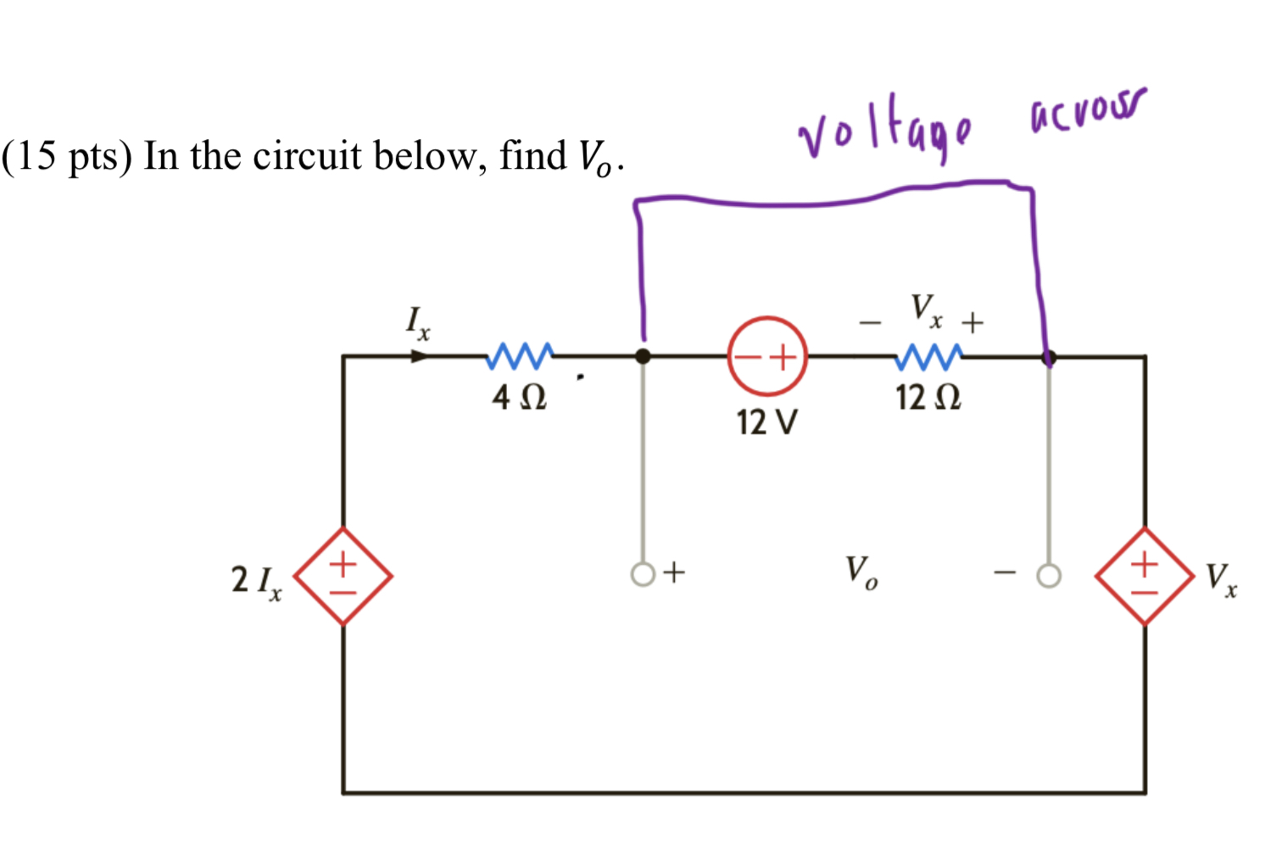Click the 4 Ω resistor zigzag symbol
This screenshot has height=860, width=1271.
pyautogui.click(x=520, y=356)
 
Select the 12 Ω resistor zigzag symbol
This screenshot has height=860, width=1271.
pyautogui.click(x=928, y=356)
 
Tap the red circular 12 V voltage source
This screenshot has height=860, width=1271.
pyautogui.click(x=767, y=356)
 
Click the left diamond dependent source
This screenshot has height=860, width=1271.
pyautogui.click(x=343, y=576)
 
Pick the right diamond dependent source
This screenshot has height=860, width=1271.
pyautogui.click(x=1145, y=576)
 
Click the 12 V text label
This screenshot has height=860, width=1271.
pyautogui.click(x=767, y=422)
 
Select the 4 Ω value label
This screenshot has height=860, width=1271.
pyautogui.click(x=520, y=397)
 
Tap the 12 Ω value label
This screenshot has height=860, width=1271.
pyautogui.click(x=928, y=397)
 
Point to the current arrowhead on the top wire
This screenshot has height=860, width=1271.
pyautogui.click(x=420, y=356)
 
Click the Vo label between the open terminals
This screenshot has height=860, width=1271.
pyautogui.click(x=861, y=572)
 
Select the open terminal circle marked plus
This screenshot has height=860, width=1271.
pyautogui.click(x=643, y=575)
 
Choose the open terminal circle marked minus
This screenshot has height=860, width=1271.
pyautogui.click(x=1049, y=576)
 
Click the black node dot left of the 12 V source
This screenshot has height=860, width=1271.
pyautogui.click(x=644, y=356)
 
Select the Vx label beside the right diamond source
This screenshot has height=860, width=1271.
pyautogui.click(x=1221, y=579)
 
